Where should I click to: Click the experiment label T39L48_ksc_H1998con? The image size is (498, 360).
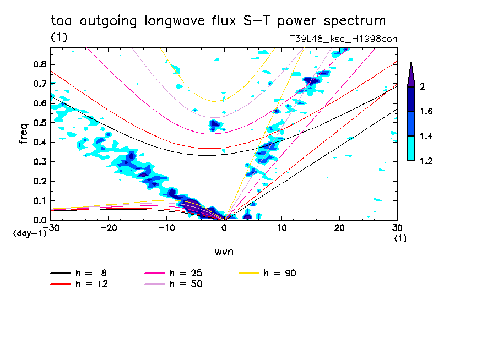pos(344,39)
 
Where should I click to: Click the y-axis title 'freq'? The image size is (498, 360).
pos(23,134)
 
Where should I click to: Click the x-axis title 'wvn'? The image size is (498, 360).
pos(224,252)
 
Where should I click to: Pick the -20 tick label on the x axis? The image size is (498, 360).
pos(109,227)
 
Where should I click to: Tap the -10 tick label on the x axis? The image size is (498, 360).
pos(166,227)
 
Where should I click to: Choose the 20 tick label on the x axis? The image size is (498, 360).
pos(339,227)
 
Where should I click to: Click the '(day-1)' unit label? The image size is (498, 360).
pos(29,233)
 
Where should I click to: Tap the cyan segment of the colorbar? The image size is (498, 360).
pos(411,148)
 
